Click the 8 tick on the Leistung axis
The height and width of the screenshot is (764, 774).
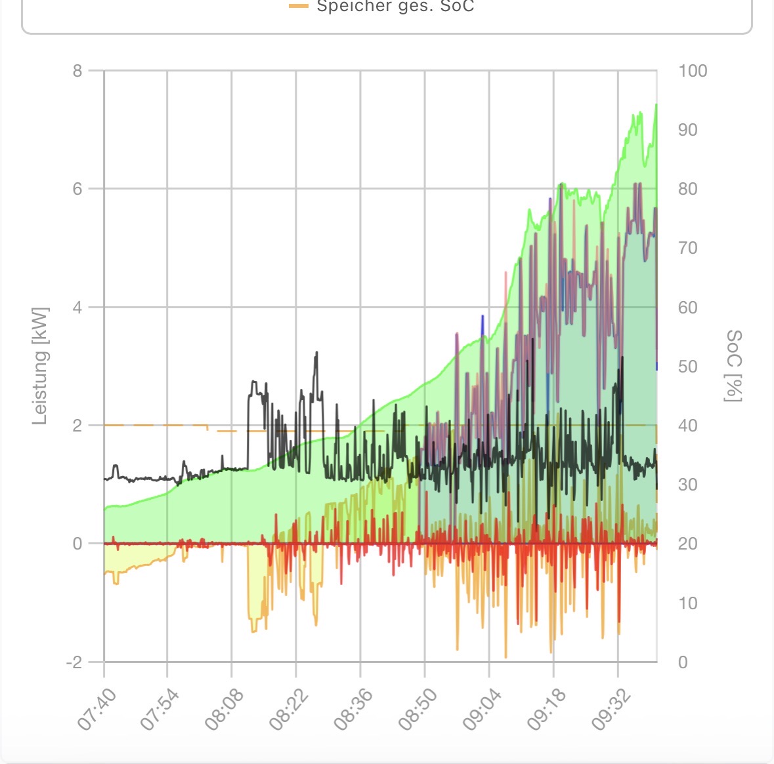pos(77,71)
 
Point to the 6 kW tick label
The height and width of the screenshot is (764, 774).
pos(77,189)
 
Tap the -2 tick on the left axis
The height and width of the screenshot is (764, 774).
pos(74,662)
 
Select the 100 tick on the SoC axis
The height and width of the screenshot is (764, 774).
pos(693,71)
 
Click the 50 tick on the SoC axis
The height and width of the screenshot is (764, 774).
pos(688,367)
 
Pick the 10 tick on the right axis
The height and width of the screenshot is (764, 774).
pos(687,603)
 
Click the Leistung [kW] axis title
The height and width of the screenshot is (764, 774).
pos(41,366)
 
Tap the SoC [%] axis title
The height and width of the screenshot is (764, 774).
pos(734,366)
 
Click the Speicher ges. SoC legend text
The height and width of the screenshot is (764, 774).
pos(395,7)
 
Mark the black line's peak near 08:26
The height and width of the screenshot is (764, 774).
pos(316,352)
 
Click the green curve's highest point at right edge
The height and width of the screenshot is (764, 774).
pos(656,104)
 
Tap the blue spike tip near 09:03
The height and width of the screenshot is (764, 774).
pos(483,316)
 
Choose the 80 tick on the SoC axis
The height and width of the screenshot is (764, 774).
pos(688,189)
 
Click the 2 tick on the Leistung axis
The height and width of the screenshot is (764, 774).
pos(77,426)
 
